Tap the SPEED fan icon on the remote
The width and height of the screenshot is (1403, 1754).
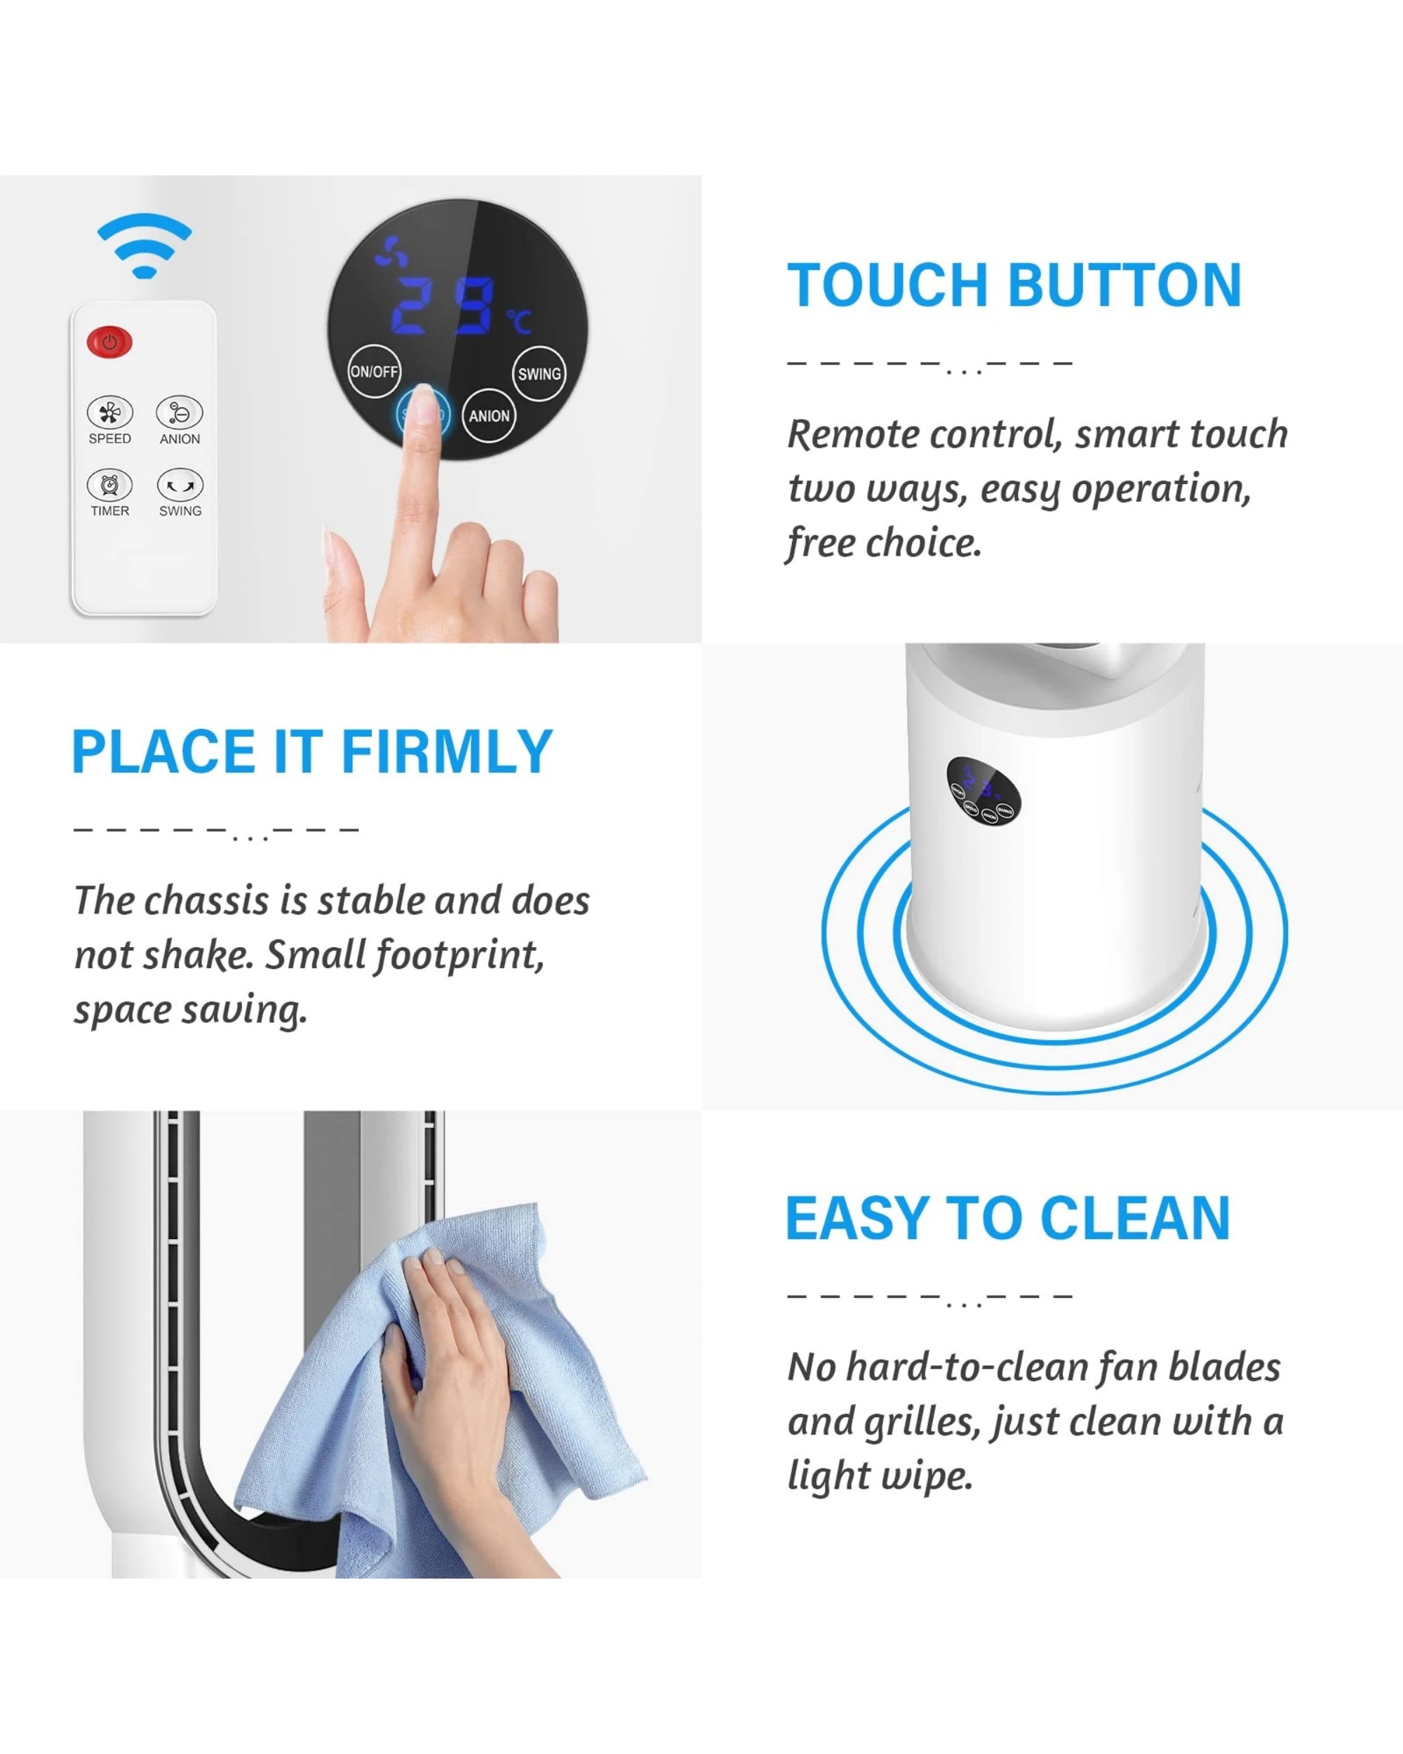110,413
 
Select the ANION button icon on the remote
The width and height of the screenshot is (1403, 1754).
180,413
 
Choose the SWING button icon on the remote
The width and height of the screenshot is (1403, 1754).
180,486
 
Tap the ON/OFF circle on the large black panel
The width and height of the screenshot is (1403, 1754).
374,372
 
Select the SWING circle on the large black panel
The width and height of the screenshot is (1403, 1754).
539,374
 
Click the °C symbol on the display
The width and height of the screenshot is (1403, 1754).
520,321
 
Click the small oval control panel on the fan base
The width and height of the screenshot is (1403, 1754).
984,790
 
